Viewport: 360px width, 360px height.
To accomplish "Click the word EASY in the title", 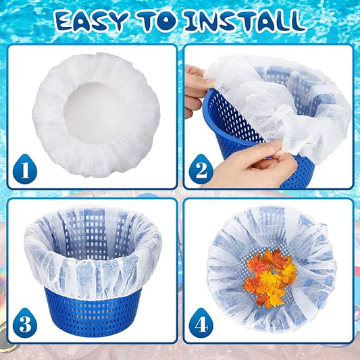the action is tap(91, 21).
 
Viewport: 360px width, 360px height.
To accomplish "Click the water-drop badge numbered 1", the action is tap(25, 169).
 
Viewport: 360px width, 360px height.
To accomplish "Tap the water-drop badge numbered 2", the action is tap(201, 169).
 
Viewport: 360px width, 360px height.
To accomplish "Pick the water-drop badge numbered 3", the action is tap(25, 323).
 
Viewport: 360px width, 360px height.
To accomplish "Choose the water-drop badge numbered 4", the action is tap(201, 323).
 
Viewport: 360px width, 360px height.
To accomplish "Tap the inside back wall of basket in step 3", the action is tap(93, 232).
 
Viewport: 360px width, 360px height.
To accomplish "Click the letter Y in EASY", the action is tap(119, 22).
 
